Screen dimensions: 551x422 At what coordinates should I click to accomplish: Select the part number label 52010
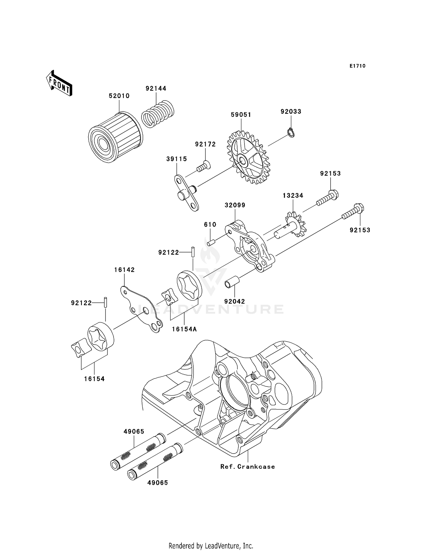[119, 96]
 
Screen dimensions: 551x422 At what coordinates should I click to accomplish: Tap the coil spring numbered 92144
[158, 114]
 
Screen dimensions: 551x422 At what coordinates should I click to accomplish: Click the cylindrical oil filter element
[116, 137]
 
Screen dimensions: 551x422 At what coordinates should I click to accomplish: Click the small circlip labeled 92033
[291, 132]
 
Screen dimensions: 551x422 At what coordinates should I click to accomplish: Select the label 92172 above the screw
[205, 144]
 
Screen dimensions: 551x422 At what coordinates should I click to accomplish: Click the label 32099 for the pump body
[235, 205]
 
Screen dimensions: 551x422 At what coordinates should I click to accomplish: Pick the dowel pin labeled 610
[212, 242]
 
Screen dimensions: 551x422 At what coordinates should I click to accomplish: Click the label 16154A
[184, 329]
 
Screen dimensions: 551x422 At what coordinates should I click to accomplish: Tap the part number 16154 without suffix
[94, 379]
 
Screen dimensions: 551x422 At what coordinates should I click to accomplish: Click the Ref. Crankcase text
[247, 467]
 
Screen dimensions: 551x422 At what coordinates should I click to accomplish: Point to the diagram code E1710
[357, 66]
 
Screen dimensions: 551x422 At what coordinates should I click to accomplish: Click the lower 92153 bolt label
[360, 230]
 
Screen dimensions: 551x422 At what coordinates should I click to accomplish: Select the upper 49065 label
[134, 432]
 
